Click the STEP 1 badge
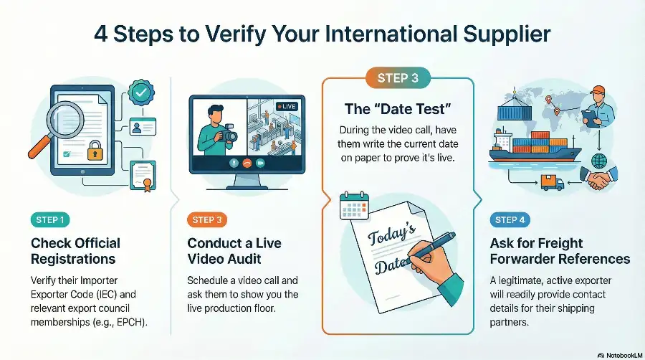tap(50, 220)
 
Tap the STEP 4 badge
tap(510, 220)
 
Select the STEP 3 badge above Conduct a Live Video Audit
tap(207, 220)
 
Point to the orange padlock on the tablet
tap(95, 151)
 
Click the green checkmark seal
tap(141, 93)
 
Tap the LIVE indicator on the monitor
tap(287, 107)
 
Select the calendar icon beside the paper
tap(354, 205)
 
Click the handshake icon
tap(598, 178)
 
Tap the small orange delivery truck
tap(552, 182)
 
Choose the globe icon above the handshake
tap(599, 161)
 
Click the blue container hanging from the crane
tap(514, 112)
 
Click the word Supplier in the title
tap(507, 34)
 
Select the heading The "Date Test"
tap(398, 109)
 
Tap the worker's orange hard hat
tap(598, 90)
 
